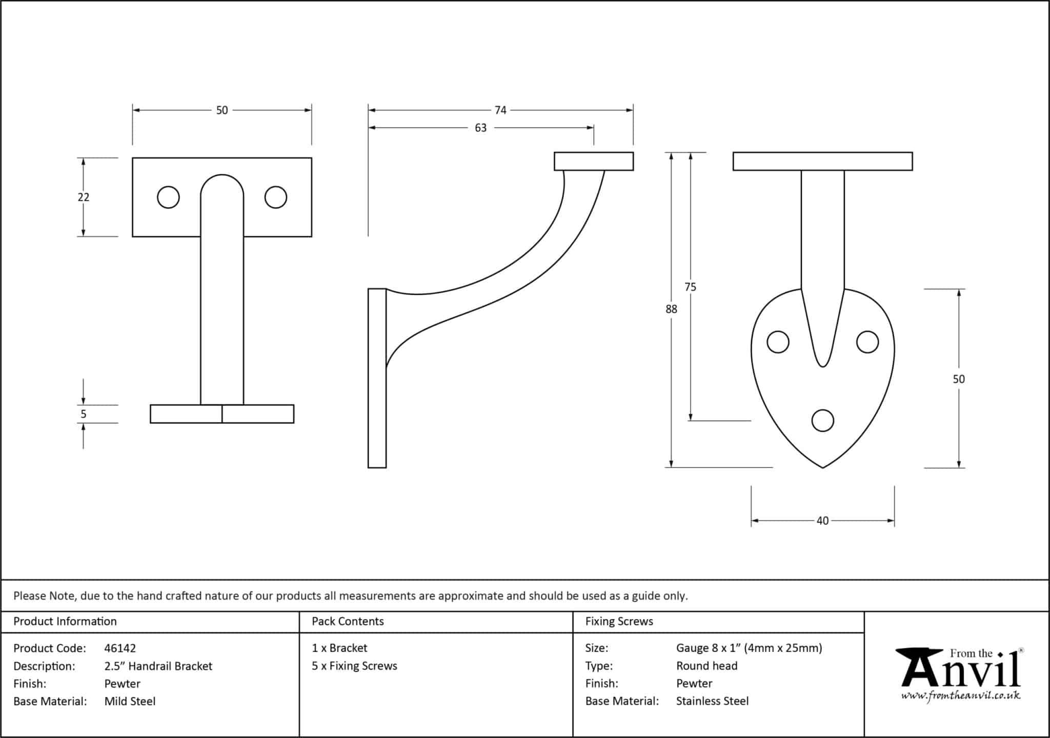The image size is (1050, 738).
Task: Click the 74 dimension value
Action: (x=500, y=110)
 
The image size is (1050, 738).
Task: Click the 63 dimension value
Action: (x=480, y=128)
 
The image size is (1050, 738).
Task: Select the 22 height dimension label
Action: (x=84, y=197)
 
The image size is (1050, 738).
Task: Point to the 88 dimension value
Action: (x=671, y=309)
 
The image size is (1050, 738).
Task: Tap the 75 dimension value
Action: (x=691, y=287)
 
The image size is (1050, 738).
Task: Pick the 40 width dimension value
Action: (x=822, y=521)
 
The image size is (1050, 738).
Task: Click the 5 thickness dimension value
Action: (x=84, y=414)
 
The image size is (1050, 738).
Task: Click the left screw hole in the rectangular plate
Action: (x=168, y=197)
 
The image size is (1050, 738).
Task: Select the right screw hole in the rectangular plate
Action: (x=276, y=197)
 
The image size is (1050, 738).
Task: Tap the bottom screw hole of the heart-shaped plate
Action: (x=823, y=420)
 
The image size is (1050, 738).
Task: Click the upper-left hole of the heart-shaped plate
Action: (x=778, y=342)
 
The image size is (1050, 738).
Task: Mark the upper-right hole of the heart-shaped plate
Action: (x=867, y=342)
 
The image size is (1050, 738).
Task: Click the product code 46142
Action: (x=120, y=648)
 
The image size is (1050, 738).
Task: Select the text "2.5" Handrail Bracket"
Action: (x=158, y=666)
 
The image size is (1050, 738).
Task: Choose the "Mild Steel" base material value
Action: (x=130, y=701)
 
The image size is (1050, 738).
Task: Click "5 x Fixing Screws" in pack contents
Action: (x=354, y=666)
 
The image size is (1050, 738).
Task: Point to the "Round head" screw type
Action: (x=706, y=666)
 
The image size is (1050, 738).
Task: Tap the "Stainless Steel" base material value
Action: (x=712, y=701)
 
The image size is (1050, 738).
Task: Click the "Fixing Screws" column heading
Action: (x=619, y=622)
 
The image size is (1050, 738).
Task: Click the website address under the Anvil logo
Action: (x=961, y=696)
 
